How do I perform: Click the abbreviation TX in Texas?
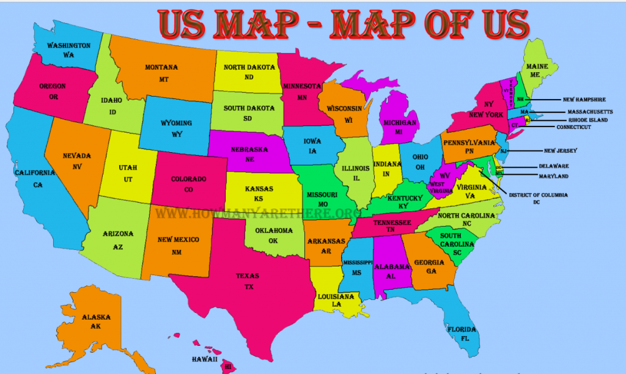tap(248, 287)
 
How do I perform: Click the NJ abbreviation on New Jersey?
tap(504, 151)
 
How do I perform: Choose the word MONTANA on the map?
tap(161, 67)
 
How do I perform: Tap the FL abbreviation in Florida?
tap(465, 338)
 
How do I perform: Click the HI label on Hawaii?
tap(228, 367)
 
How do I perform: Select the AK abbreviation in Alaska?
tap(97, 327)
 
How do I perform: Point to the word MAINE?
tap(537, 65)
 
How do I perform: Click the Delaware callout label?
tap(554, 166)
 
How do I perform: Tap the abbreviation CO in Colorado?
tap(188, 189)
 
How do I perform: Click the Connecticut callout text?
tap(573, 127)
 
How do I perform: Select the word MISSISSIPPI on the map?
tap(358, 262)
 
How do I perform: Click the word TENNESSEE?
tap(392, 222)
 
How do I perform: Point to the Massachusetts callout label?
tap(590, 112)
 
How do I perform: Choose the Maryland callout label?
tap(553, 176)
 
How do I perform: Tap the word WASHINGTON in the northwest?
tap(68, 46)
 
